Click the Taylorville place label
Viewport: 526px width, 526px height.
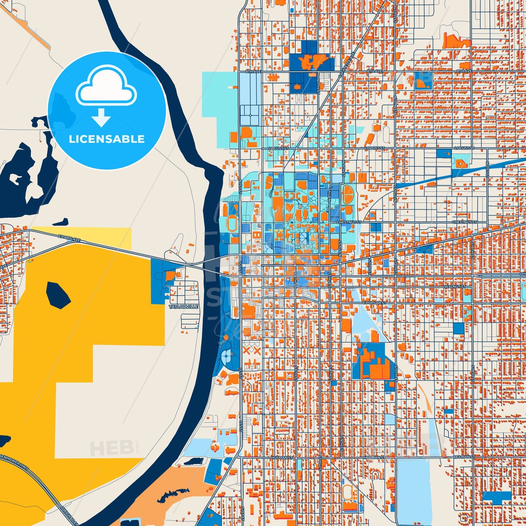(x=184, y=307)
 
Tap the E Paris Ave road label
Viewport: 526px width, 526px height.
(x=69, y=238)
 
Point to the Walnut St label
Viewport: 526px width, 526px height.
(x=455, y=287)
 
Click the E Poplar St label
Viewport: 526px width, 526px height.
(x=374, y=302)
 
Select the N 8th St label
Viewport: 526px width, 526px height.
(x=330, y=193)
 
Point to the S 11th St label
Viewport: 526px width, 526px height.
(x=369, y=266)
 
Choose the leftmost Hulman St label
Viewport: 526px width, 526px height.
(x=282, y=457)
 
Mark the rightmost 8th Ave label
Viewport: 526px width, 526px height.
(x=464, y=71)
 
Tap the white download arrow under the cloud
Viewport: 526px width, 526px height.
(x=101, y=118)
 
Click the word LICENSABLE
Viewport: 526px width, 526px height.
(x=107, y=139)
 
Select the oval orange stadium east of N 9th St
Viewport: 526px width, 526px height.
(x=348, y=194)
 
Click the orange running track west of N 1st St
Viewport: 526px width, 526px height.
(x=231, y=222)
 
